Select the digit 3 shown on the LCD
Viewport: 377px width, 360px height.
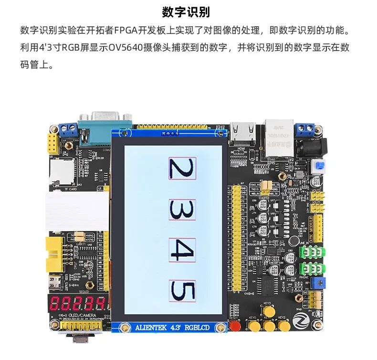(x=182, y=211)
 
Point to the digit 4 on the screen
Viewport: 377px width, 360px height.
(x=182, y=250)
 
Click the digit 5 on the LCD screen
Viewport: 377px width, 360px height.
(x=182, y=291)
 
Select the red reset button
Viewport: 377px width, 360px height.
(x=234, y=326)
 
